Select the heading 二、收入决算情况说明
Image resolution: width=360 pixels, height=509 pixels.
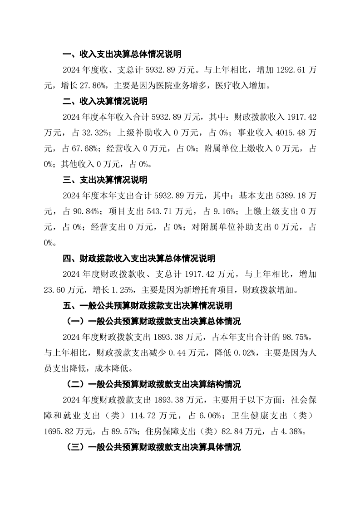105,101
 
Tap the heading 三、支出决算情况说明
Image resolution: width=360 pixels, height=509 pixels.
105,180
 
